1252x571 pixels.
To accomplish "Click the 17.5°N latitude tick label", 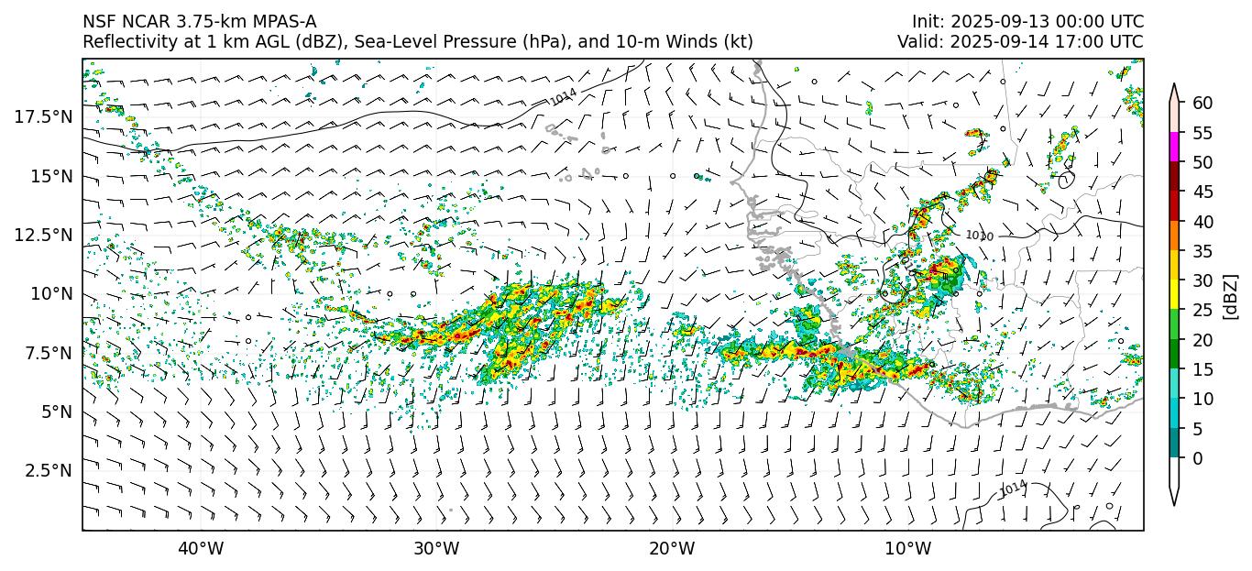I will pyautogui.click(x=44, y=116).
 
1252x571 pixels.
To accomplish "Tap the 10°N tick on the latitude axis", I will pyautogui.click(x=51, y=293).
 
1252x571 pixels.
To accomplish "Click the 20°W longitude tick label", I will pyautogui.click(x=672, y=549).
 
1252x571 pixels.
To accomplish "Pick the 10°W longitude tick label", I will pyautogui.click(x=907, y=549).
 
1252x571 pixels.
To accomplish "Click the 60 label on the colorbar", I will pyautogui.click(x=1203, y=103).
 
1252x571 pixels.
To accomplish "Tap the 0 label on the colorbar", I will pyautogui.click(x=1198, y=458).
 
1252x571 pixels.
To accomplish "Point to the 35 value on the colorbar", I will pyautogui.click(x=1203, y=251).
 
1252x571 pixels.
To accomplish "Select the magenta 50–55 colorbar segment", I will pyautogui.click(x=1175, y=148).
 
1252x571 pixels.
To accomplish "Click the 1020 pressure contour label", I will pyautogui.click(x=979, y=236).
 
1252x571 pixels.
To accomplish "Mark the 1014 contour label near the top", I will pyautogui.click(x=564, y=96).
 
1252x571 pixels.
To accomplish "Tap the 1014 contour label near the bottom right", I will pyautogui.click(x=1013, y=489).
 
